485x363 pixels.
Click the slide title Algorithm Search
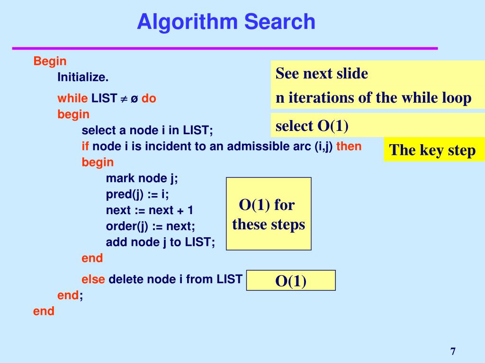click(226, 22)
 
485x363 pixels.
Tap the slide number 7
click(453, 351)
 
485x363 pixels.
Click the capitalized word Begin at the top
click(50, 61)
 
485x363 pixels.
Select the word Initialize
click(83, 77)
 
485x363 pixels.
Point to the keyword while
click(72, 98)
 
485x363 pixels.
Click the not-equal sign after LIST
click(124, 99)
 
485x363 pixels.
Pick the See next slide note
click(322, 74)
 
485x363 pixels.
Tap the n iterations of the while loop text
click(373, 98)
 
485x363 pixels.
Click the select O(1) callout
click(312, 126)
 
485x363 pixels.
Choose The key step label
click(432, 150)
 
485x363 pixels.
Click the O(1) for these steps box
click(269, 214)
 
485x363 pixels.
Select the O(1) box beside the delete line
click(291, 281)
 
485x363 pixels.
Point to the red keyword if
click(86, 146)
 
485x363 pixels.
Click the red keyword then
click(349, 146)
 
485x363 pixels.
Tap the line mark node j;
click(142, 178)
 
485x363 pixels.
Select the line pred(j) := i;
click(137, 194)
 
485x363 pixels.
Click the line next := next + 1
click(150, 210)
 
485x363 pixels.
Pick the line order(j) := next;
click(150, 226)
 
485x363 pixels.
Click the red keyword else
click(93, 279)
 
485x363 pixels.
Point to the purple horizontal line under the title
click(225, 48)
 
